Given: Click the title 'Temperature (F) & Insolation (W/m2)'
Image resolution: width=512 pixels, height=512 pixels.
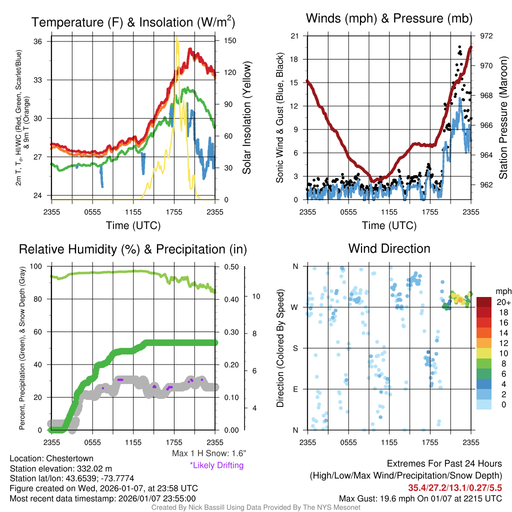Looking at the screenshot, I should tap(133, 22).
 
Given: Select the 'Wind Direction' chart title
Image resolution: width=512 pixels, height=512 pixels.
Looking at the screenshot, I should tap(389, 248).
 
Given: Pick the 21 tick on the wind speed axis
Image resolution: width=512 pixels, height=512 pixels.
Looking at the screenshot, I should tap(294, 36).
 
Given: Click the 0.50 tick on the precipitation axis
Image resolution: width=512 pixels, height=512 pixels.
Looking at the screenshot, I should tap(231, 267).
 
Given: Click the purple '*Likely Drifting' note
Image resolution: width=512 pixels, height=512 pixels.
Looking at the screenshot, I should tap(216, 465).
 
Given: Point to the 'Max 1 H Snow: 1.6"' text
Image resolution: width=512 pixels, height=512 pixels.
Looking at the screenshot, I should tap(208, 453).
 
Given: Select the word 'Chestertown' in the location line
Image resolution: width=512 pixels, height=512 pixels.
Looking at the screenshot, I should tap(70, 458).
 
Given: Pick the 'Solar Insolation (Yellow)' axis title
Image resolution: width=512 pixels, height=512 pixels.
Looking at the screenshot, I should tap(246, 118).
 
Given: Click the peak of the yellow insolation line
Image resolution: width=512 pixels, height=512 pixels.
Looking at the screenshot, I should tap(177, 37).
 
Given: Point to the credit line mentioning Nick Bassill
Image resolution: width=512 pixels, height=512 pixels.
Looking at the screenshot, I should tap(256, 507).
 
